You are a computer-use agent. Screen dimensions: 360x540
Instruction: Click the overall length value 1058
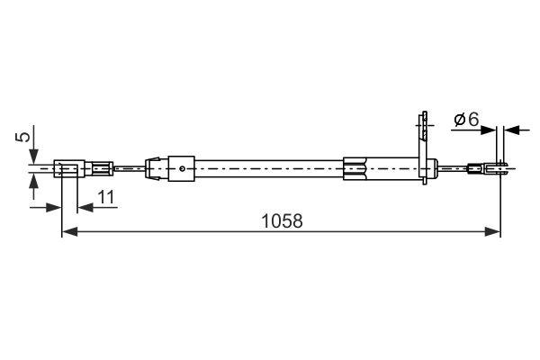click(282, 220)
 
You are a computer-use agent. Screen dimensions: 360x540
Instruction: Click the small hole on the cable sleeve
click(183, 166)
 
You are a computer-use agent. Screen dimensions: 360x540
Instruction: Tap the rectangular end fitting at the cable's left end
click(67, 167)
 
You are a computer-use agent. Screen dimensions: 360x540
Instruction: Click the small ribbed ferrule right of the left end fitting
click(102, 167)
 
